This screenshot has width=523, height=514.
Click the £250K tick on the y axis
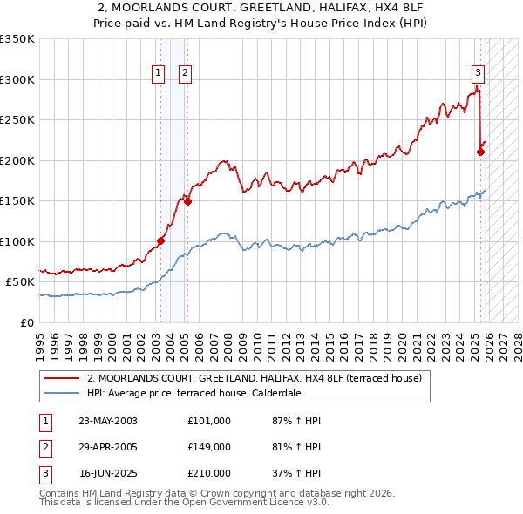[17, 120]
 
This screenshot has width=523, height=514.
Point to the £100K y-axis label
[17, 241]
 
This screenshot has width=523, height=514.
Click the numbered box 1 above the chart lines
[159, 74]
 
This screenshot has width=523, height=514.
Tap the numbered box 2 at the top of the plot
[186, 74]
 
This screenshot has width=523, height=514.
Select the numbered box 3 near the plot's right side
[478, 74]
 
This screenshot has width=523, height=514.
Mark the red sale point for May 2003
[160, 240]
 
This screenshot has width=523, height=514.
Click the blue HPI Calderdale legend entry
[206, 393]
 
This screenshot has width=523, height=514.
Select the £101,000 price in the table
[208, 421]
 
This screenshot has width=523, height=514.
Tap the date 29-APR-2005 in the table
[108, 447]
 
